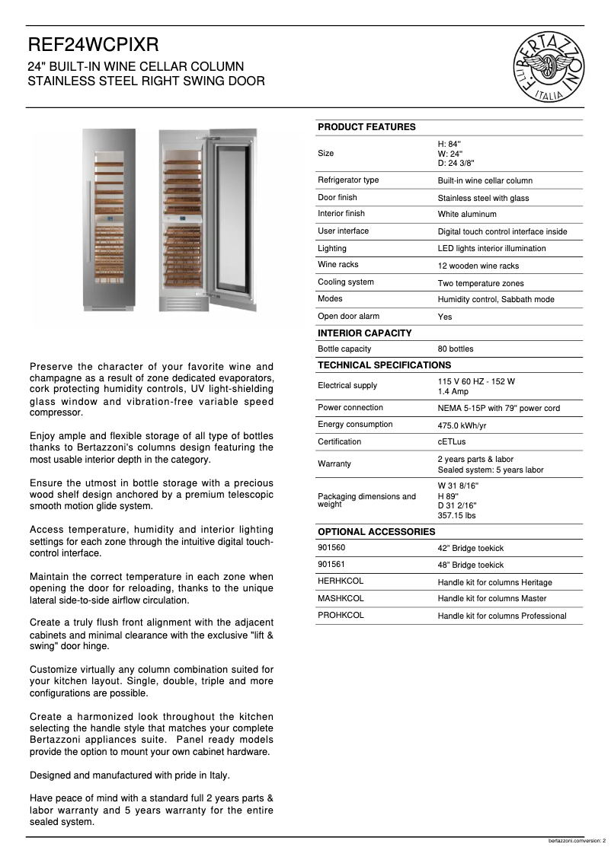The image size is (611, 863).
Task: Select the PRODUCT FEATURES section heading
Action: coord(366,127)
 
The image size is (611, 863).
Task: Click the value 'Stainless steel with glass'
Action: coord(483,198)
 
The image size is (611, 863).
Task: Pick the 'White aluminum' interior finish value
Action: coord(466,215)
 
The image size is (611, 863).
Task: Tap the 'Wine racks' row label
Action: coord(337,265)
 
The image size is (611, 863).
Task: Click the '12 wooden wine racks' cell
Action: coord(478,266)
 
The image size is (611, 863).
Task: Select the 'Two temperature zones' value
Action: coord(480,283)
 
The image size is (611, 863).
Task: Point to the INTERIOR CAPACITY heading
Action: coord(364,333)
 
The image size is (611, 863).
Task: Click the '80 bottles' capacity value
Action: coord(455,349)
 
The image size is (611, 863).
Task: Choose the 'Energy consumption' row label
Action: coord(355,425)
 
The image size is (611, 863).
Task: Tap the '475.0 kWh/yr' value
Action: coord(462,425)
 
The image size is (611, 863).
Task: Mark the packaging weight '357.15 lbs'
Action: coord(456,515)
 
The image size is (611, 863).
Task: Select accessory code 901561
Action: coord(331,565)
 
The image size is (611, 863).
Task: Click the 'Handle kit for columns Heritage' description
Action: coord(494,582)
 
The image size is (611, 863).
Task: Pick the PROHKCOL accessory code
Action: coord(341,615)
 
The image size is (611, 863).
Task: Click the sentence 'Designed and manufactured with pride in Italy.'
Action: coord(130,775)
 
